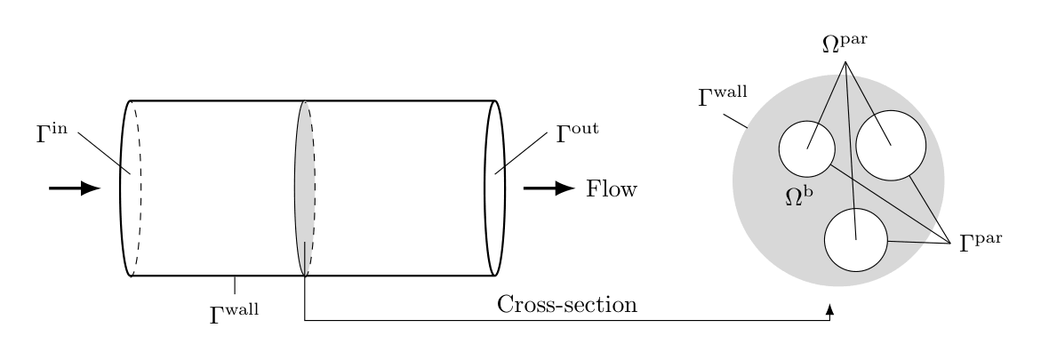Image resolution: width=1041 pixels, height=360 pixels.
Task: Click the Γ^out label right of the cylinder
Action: (577, 133)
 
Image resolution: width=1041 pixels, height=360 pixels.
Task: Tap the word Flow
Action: (611, 189)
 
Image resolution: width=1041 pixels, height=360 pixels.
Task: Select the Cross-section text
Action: (567, 305)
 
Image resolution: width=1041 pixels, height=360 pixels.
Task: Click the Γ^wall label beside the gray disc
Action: (722, 96)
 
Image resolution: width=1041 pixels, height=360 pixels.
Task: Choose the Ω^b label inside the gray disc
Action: (799, 196)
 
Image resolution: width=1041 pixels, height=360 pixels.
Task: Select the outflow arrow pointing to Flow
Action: (549, 188)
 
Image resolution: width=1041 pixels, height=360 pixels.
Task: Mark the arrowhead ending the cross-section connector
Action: (830, 309)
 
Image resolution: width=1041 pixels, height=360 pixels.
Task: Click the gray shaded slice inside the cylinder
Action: (302, 169)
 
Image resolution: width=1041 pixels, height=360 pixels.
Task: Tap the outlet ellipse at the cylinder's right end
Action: (495, 188)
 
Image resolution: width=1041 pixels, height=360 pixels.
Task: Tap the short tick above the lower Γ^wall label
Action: (235, 284)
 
